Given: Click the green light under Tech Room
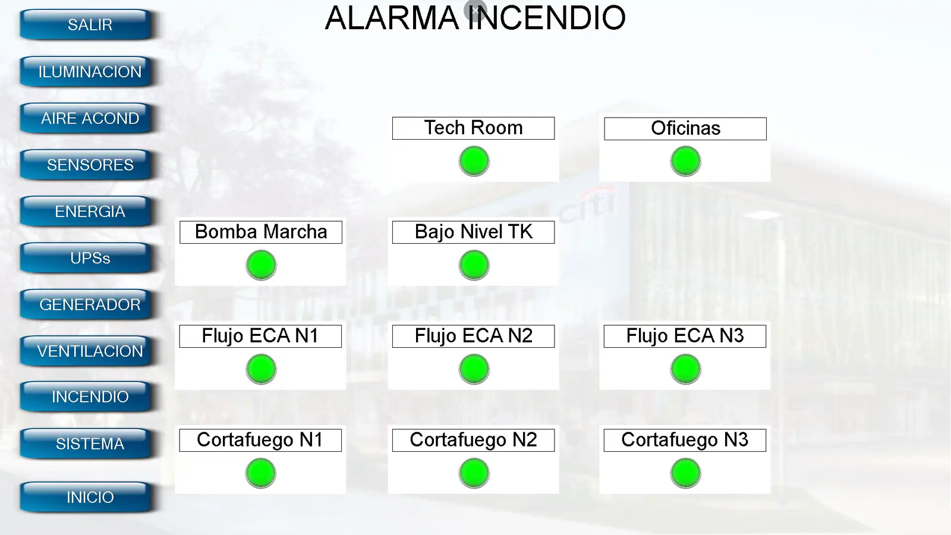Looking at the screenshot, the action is coord(474,161).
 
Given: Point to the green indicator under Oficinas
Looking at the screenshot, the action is coord(685,161).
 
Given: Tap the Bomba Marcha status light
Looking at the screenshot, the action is coord(261,265).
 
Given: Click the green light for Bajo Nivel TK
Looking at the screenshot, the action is coord(474,265).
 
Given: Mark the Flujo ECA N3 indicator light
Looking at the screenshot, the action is coord(685,369).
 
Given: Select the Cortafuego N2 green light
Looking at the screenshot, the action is coord(474,473).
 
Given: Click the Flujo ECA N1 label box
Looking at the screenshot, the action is coord(260,336).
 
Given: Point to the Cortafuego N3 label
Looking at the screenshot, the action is coord(685,440).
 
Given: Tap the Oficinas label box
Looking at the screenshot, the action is coord(685,128).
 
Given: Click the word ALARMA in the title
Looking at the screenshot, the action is coord(392,18).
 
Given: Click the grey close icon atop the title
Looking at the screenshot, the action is coord(475,10).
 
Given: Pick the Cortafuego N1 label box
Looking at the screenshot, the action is coord(260,440).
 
